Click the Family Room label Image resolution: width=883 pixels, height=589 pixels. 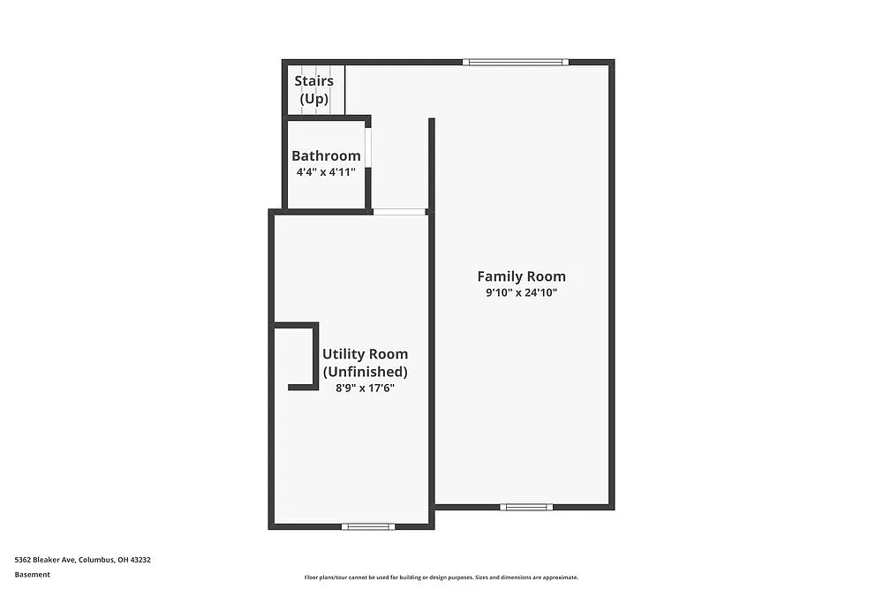(521, 276)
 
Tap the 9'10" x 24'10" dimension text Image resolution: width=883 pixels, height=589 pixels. (521, 293)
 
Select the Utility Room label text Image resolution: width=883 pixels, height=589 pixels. (365, 354)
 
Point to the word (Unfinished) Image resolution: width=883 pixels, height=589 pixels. (365, 372)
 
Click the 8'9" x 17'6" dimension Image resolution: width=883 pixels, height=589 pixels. (365, 388)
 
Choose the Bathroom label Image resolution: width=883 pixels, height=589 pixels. (326, 156)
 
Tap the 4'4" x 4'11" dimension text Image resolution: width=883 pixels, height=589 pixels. (326, 172)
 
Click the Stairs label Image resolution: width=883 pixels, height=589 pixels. (313, 81)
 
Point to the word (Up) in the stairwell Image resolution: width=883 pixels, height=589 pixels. (313, 99)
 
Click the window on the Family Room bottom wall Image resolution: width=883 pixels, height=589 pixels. (526, 507)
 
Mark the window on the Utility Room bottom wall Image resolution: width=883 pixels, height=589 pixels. (368, 526)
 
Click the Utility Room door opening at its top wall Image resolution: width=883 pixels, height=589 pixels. (398, 211)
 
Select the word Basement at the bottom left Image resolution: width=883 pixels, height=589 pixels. (32, 574)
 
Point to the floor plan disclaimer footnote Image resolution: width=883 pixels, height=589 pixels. (441, 578)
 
